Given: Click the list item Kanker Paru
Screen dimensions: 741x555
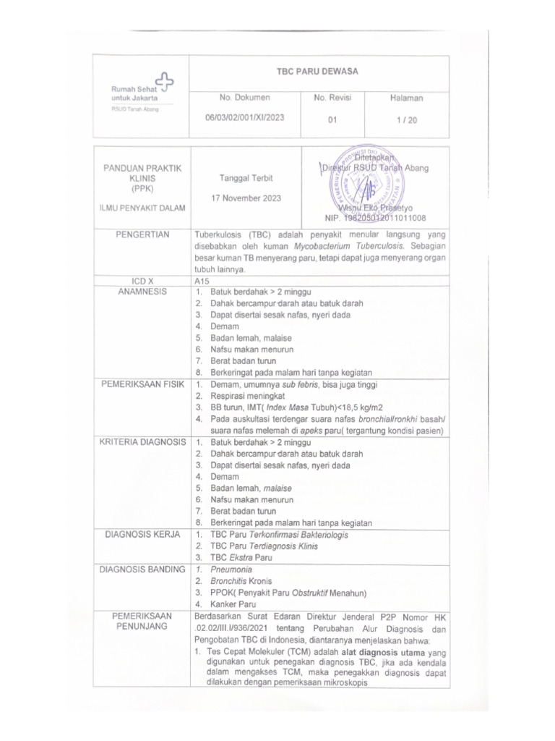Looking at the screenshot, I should [x=233, y=604].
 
